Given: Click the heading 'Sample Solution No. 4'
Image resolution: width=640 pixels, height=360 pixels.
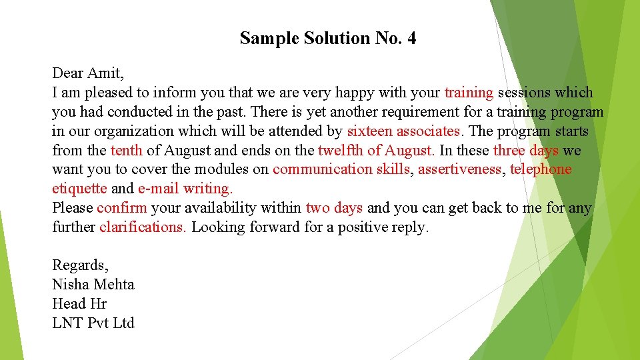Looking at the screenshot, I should point(328,39).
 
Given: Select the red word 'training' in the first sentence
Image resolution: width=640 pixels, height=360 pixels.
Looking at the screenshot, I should point(469,92).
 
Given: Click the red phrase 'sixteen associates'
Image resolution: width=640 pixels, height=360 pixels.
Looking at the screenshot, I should point(403,131).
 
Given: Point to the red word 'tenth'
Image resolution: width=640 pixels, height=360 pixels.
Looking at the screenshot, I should point(127,150).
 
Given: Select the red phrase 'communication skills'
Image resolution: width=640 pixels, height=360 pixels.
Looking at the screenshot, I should point(341,169).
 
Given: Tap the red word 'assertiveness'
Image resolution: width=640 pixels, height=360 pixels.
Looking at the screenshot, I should point(459,169).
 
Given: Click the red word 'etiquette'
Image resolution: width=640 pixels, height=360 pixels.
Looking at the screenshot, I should point(79,189).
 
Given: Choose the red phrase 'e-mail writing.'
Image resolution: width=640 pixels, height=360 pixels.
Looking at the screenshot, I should point(185,189).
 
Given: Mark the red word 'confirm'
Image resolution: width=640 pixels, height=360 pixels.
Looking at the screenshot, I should point(122,208).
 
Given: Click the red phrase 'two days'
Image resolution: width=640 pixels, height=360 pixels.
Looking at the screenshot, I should point(334,208).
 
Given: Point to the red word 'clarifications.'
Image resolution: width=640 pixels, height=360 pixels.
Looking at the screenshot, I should point(143,227).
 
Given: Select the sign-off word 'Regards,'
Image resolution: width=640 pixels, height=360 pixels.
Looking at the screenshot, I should point(80,265).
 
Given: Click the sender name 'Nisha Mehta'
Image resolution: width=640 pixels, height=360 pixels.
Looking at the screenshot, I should point(93,285).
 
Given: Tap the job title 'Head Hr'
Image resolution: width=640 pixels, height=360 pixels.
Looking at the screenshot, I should point(79,304).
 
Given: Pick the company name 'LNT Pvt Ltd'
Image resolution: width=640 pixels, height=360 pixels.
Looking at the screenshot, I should point(93,323).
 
